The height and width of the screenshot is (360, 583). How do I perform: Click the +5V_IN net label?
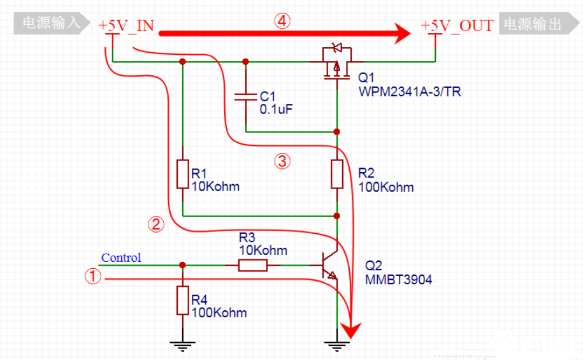tap(126, 25)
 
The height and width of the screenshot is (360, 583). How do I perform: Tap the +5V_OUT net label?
tap(457, 25)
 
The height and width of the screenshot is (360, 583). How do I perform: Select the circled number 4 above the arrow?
tap(282, 21)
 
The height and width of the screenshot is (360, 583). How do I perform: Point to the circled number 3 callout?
tap(282, 161)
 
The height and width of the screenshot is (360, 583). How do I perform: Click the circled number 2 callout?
tap(156, 224)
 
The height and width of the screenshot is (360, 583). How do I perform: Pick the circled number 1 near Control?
tap(93, 277)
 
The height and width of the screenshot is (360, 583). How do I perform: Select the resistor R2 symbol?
tap(337, 174)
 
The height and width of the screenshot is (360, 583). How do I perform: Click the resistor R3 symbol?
tap(253, 265)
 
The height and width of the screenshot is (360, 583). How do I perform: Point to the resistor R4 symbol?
tap(183, 301)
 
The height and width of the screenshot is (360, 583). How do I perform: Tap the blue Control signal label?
tap(121, 258)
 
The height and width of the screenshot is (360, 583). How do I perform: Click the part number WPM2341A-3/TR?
tap(410, 92)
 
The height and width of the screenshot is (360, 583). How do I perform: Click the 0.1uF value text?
tap(276, 110)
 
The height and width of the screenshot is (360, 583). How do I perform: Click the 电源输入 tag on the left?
tap(51, 24)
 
